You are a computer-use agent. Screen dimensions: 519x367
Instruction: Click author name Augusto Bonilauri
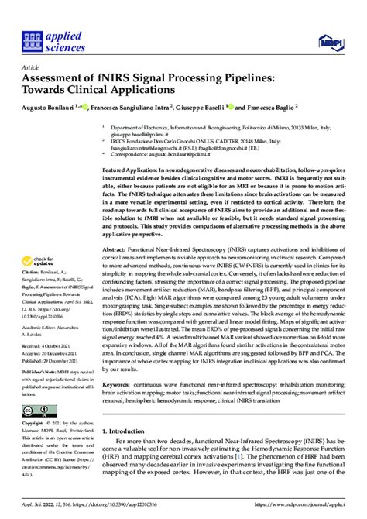click(x=55, y=106)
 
